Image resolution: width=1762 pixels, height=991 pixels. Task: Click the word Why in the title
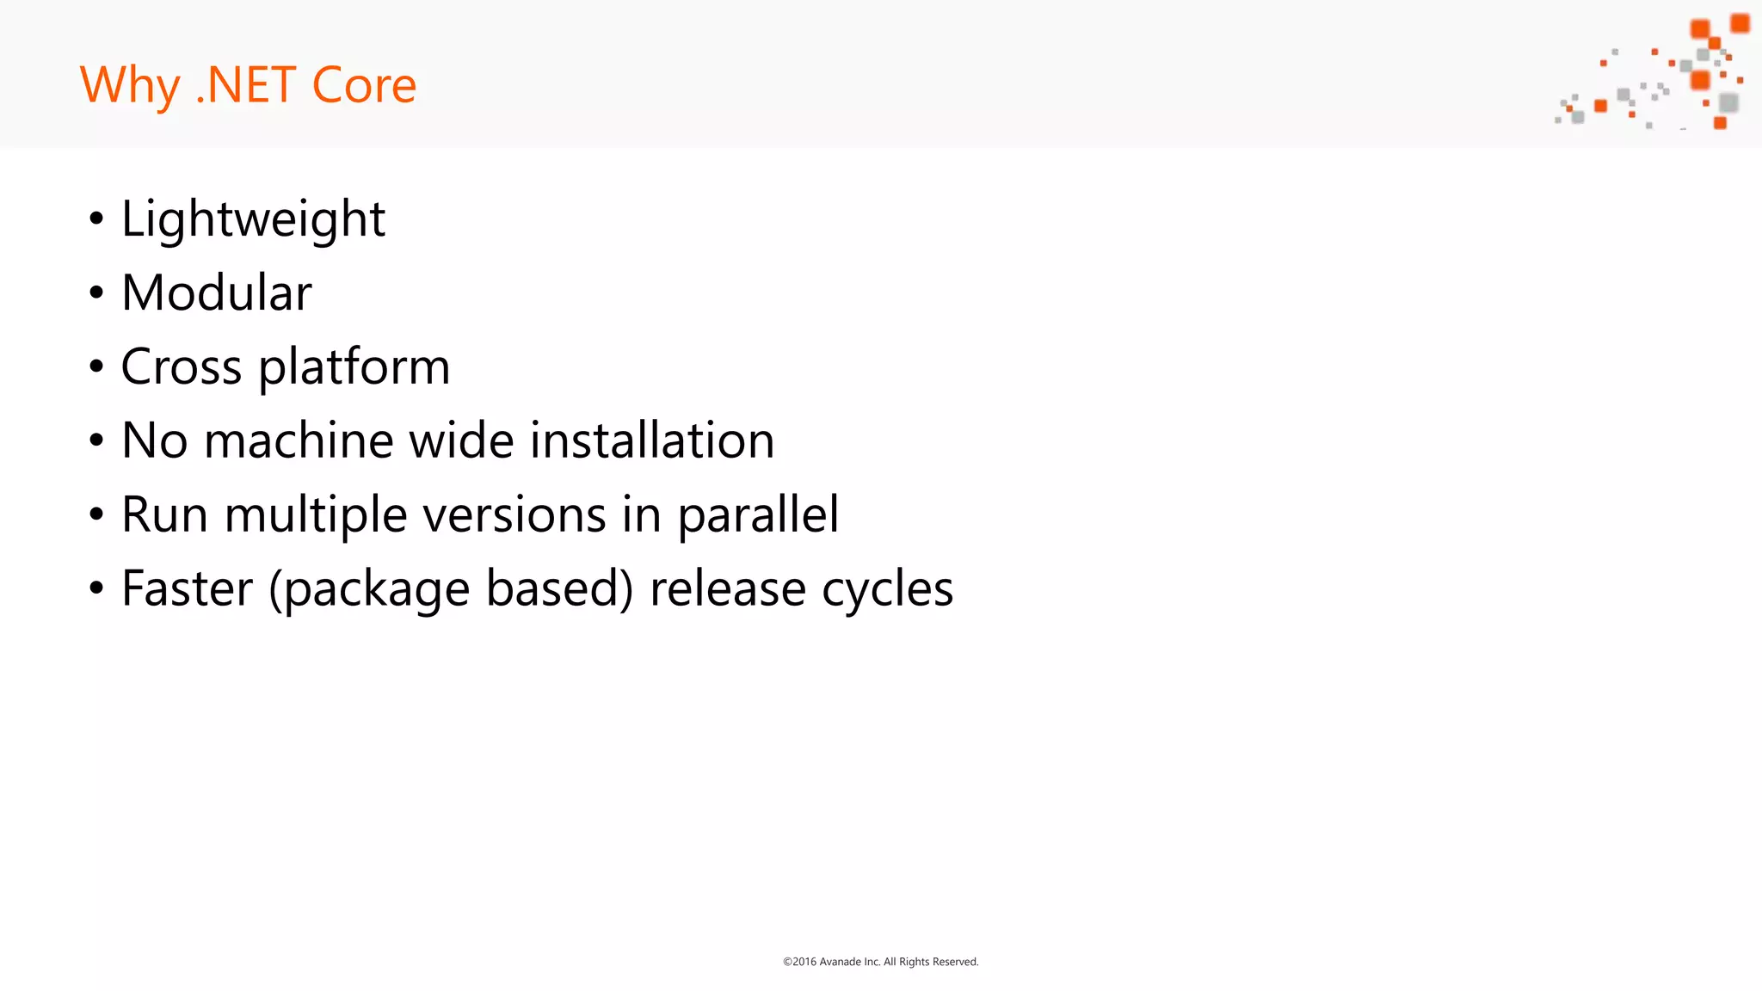click(x=129, y=86)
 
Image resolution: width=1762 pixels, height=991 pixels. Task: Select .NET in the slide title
click(x=246, y=86)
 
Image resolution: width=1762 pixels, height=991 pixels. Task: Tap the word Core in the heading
click(x=364, y=86)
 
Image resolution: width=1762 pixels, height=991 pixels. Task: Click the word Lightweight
click(x=253, y=219)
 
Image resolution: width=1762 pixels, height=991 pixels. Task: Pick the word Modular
click(x=217, y=293)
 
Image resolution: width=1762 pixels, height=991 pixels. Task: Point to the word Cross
click(x=182, y=367)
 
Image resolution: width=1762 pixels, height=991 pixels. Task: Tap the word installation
click(x=652, y=440)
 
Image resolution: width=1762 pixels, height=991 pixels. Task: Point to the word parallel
click(x=758, y=516)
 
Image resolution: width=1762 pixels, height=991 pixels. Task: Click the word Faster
click(x=188, y=589)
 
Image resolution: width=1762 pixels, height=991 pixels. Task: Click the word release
click(x=728, y=589)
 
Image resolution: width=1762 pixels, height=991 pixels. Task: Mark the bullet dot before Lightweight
click(x=96, y=219)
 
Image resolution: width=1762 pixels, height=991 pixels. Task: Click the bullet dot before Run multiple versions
click(x=96, y=515)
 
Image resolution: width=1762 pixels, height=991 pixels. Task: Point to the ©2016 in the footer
click(x=799, y=962)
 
